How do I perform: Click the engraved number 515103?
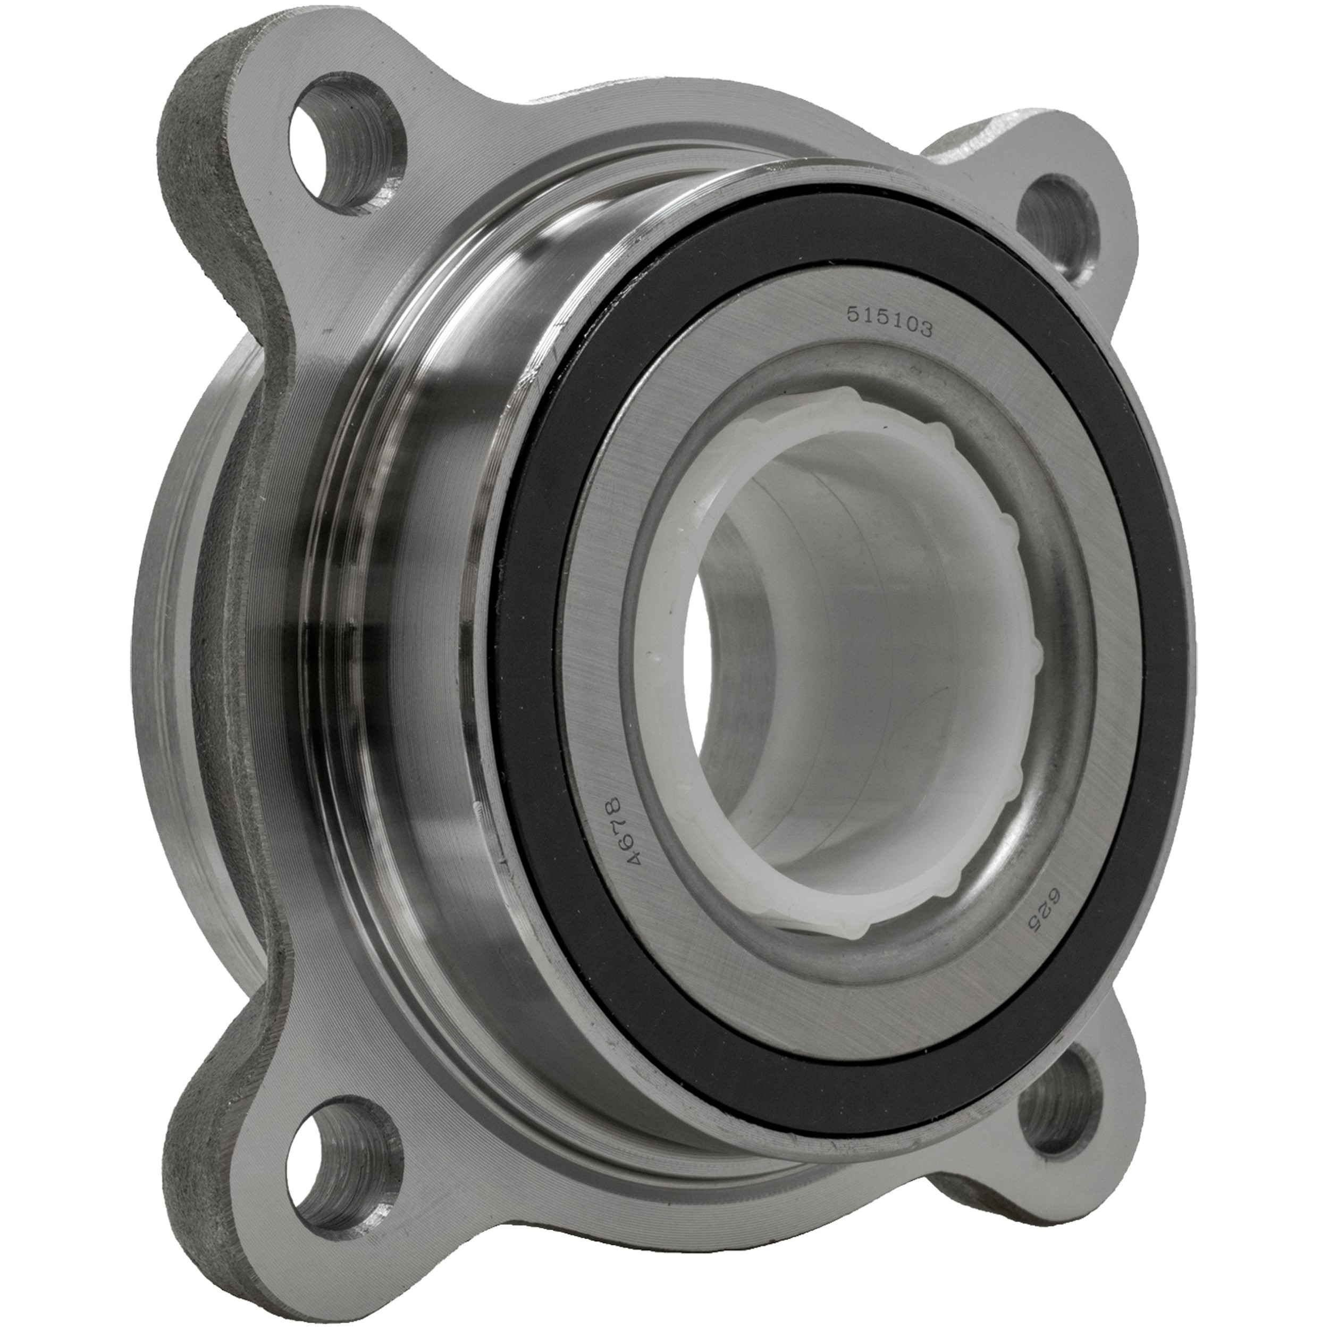tap(889, 324)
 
